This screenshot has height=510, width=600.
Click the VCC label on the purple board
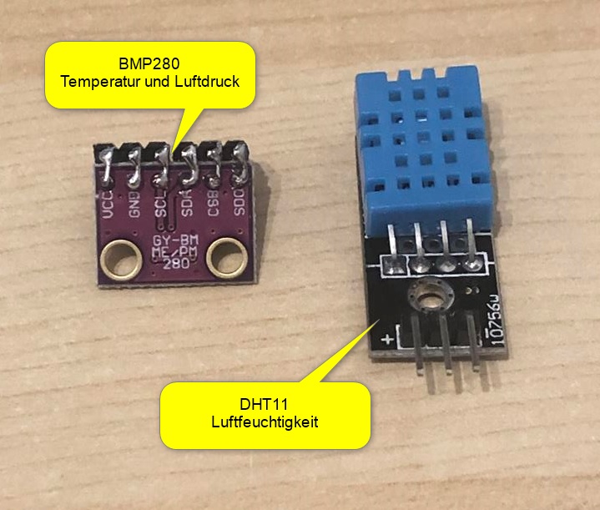107,201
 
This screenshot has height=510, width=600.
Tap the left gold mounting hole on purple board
123,256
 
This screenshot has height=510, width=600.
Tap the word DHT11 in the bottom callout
265,403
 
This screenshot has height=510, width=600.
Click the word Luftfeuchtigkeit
265,422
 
